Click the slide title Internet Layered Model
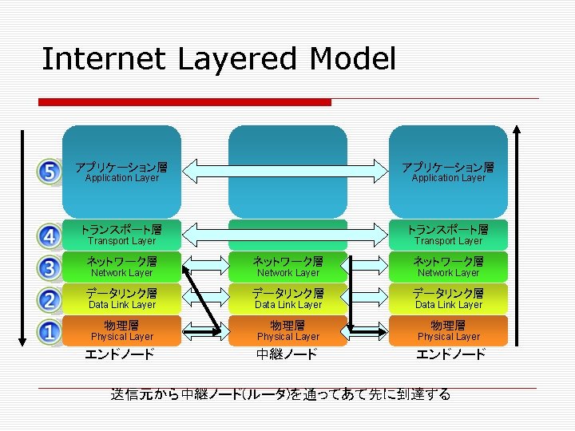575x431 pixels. pyautogui.click(x=218, y=59)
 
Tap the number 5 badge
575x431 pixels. pyautogui.click(x=50, y=172)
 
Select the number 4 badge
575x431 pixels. pyautogui.click(x=50, y=236)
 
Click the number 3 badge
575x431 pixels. pyautogui.click(x=50, y=267)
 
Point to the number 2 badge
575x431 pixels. pyautogui.click(x=50, y=299)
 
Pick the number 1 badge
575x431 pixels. pyautogui.click(x=50, y=330)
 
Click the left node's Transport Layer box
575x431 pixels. pyautogui.click(x=122, y=234)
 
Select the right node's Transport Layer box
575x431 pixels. pyautogui.click(x=448, y=234)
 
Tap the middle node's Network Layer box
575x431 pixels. pyautogui.click(x=288, y=267)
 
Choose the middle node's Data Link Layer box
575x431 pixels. pyautogui.click(x=288, y=299)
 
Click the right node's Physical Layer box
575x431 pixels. pyautogui.click(x=448, y=330)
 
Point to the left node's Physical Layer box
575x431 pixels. pyautogui.click(x=122, y=330)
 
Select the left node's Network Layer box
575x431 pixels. pyautogui.click(x=122, y=267)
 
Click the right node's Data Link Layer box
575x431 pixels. pyautogui.click(x=448, y=299)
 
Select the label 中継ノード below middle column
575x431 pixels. pyautogui.click(x=287, y=354)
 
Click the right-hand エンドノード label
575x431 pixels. pyautogui.click(x=450, y=354)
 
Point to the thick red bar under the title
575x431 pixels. pyautogui.click(x=184, y=102)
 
